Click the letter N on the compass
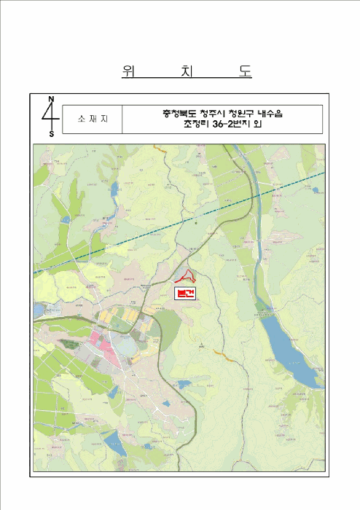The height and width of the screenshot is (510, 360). point(51,98)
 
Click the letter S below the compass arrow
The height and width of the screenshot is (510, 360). point(51,134)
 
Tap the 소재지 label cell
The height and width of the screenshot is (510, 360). point(91,119)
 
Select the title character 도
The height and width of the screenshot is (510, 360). point(243,71)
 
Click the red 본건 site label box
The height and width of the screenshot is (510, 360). point(187,293)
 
